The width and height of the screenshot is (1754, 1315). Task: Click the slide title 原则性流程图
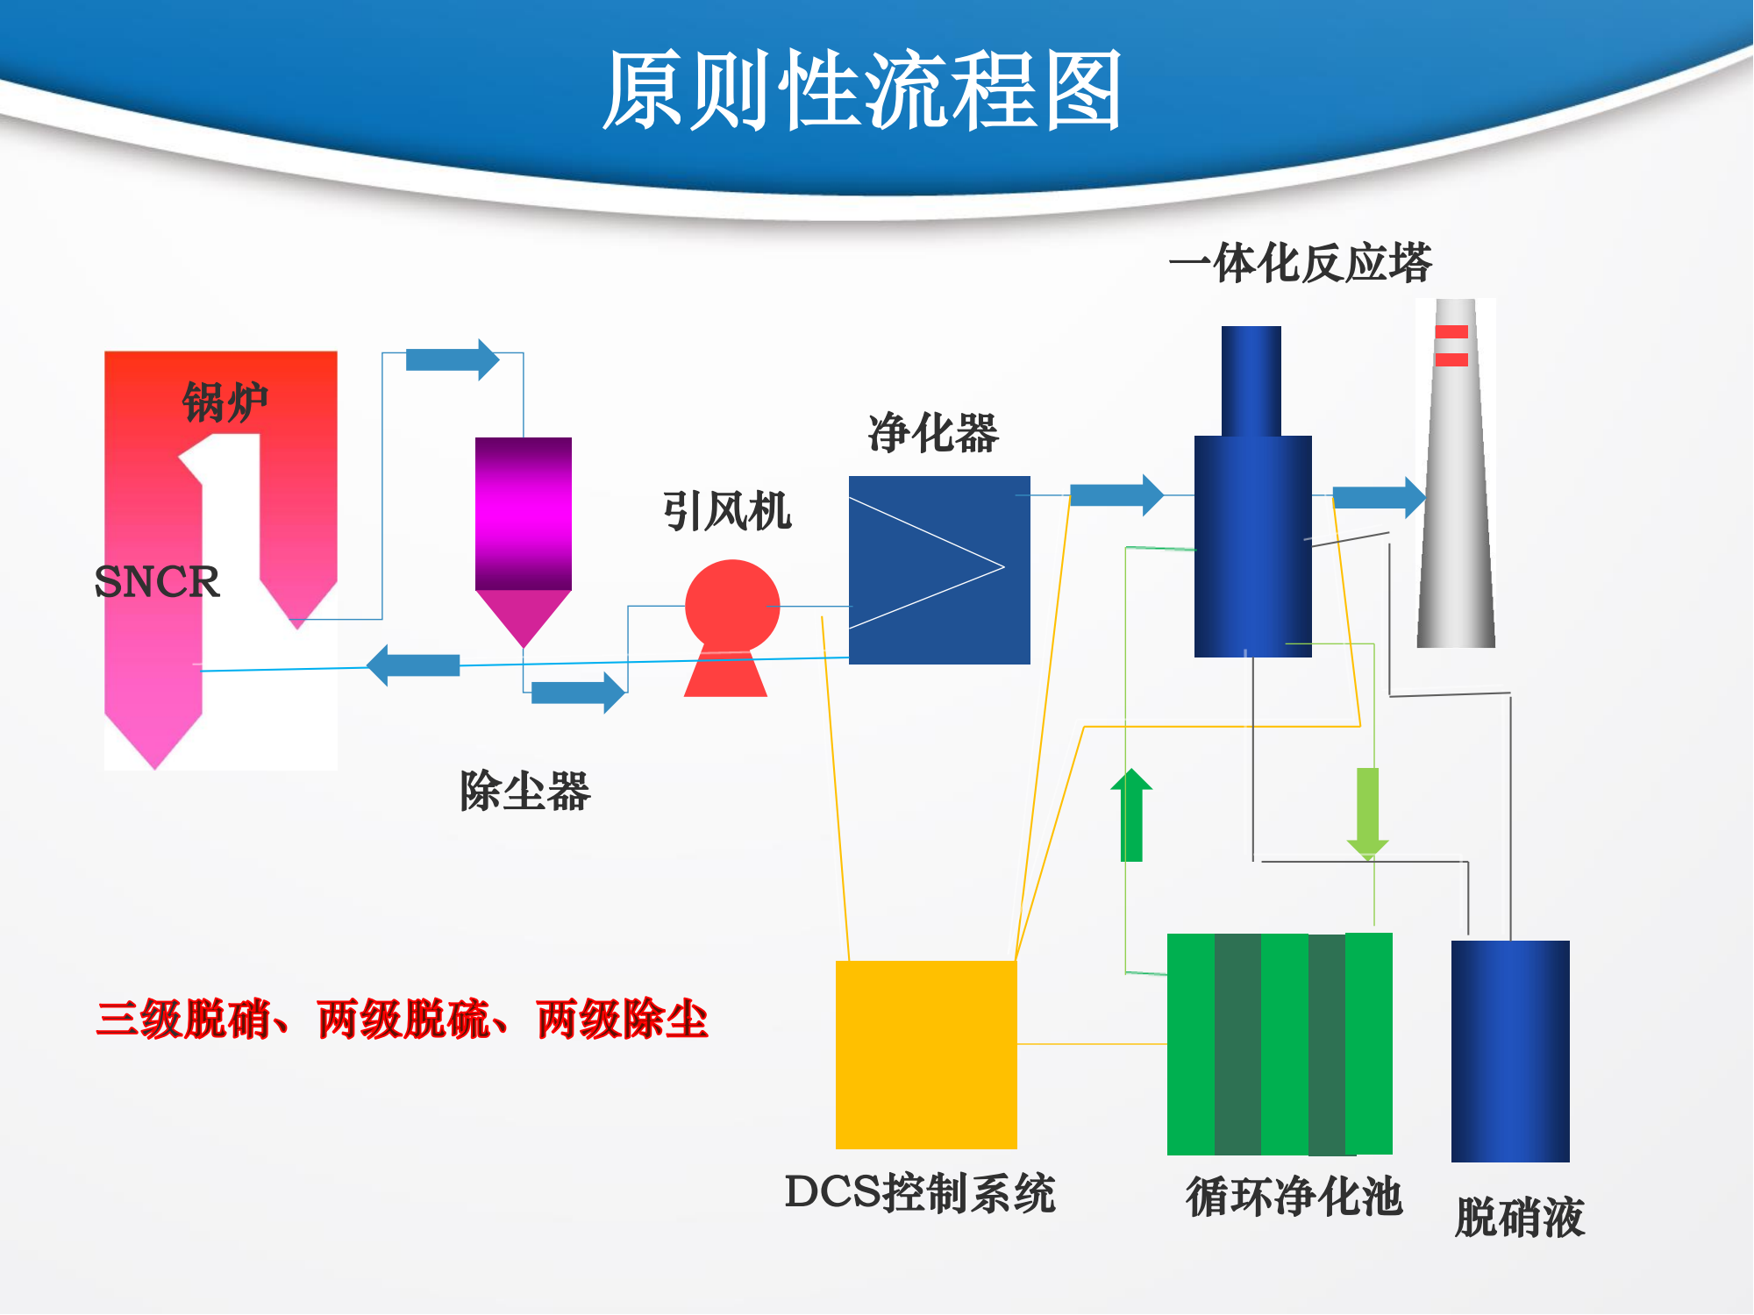tap(862, 89)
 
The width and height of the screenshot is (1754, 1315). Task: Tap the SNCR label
tap(157, 581)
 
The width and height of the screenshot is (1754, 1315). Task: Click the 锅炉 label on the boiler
tap(225, 402)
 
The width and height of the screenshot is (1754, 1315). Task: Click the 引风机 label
tap(727, 511)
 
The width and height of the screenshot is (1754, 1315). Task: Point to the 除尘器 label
tap(525, 791)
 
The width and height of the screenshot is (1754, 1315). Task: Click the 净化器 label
tap(933, 433)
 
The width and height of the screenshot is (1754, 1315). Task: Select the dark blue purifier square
tap(939, 570)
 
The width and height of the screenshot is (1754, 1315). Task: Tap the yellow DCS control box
tap(926, 1055)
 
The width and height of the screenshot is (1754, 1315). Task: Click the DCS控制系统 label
tap(920, 1193)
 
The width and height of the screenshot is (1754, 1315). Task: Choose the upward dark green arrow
tap(1131, 814)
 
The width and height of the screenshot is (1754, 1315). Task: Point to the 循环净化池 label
tap(1294, 1197)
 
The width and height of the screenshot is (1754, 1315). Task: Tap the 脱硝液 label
tap(1520, 1217)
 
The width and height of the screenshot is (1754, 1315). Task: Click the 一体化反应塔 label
tap(1301, 262)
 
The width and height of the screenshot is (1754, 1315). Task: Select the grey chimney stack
tap(1456, 473)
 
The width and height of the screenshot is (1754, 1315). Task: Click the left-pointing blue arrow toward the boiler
tap(413, 665)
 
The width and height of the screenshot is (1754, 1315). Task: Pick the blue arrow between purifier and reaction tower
tap(1116, 495)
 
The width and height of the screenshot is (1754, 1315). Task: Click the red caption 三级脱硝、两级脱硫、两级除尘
tap(403, 1020)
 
